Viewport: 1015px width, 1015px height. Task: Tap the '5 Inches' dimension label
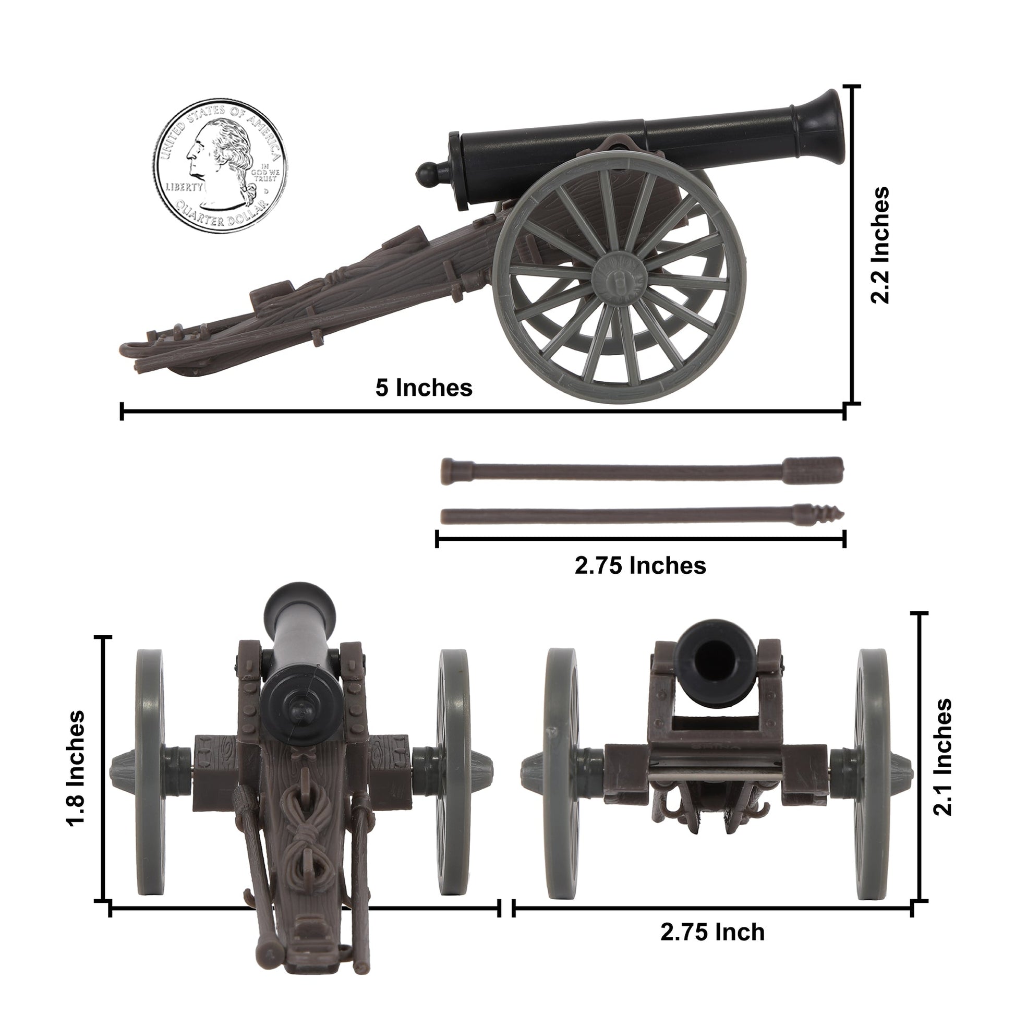(424, 388)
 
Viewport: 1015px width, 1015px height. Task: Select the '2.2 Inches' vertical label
(880, 245)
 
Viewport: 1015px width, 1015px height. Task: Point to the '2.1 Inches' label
(942, 756)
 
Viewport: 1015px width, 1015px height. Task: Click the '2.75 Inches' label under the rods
(640, 565)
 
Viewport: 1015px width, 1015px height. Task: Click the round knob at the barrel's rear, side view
(427, 174)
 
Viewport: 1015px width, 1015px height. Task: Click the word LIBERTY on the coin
(184, 187)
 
